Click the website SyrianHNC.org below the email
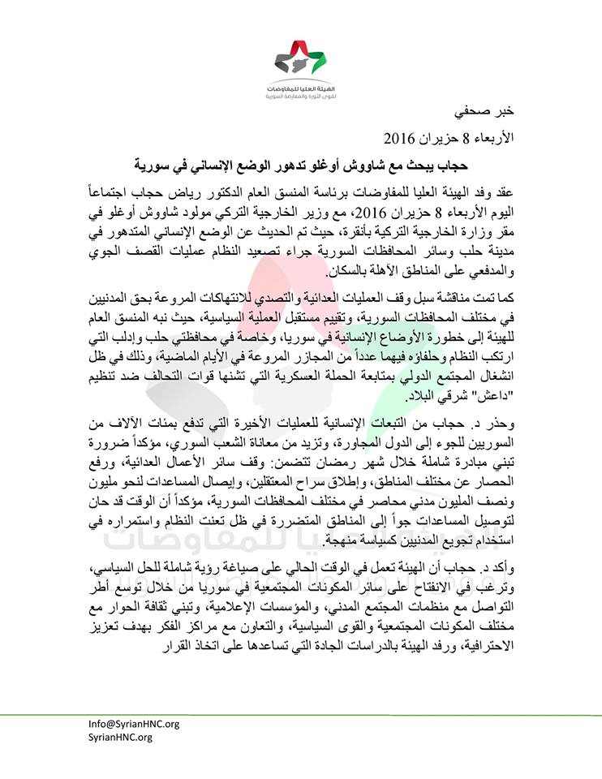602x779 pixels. click(120, 738)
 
